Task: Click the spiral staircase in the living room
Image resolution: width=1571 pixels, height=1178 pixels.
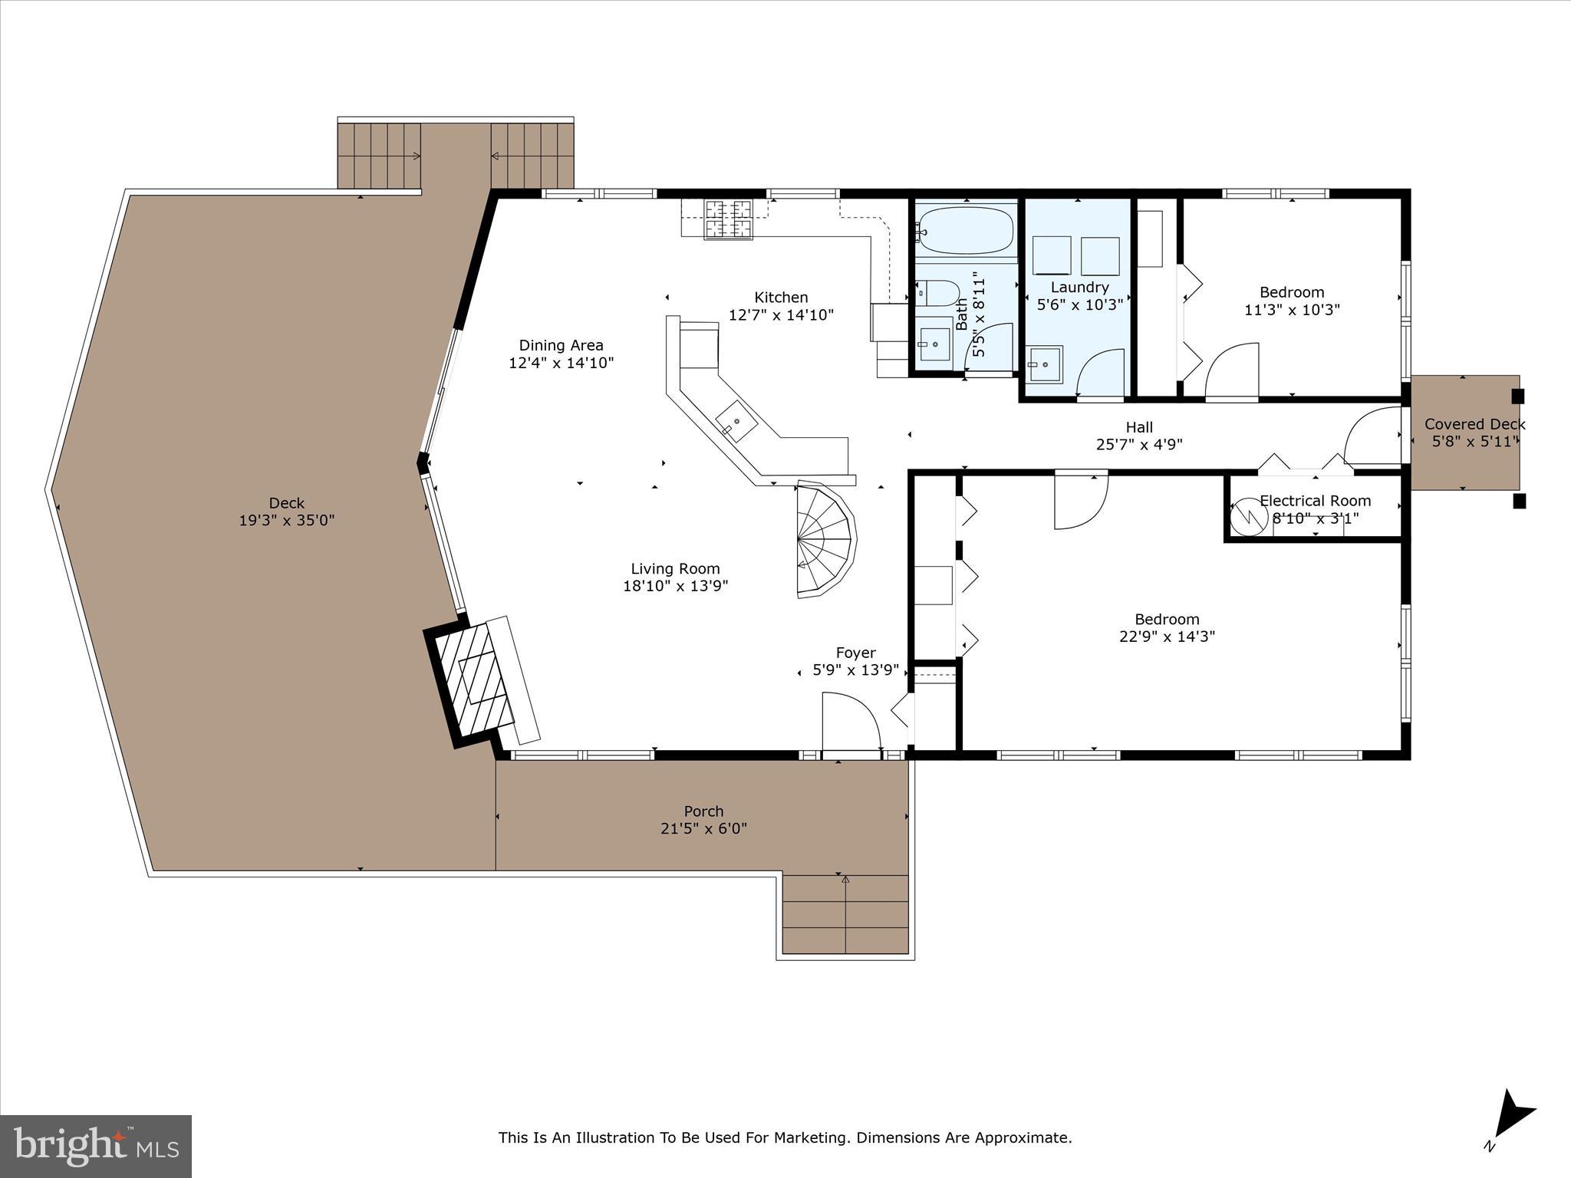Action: [825, 541]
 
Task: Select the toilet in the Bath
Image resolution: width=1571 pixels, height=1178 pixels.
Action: [940, 293]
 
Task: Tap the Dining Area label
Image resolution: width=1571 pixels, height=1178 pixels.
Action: [561, 345]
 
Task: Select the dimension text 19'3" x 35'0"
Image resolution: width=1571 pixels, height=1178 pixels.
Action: [287, 521]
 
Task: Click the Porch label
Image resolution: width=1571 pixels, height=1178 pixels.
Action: [703, 811]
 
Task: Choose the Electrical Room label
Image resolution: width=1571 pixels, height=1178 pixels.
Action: [1315, 501]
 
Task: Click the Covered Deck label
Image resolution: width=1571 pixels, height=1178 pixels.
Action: [1474, 424]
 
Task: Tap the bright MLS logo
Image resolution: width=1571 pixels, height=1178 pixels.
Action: [96, 1146]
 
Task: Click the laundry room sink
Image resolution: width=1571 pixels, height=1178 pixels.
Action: [1045, 364]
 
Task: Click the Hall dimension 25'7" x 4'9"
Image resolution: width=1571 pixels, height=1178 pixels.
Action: [1139, 444]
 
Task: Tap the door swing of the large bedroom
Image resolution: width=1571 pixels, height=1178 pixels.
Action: [1080, 500]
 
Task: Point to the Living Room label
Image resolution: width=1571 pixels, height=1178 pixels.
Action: [675, 568]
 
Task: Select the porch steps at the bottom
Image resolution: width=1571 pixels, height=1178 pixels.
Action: [845, 913]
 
